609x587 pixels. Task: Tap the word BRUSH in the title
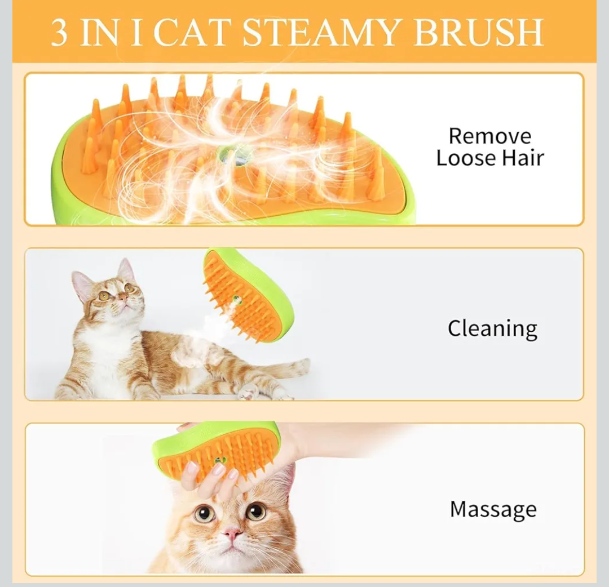pyautogui.click(x=478, y=32)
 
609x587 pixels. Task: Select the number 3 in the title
pyautogui.click(x=60, y=33)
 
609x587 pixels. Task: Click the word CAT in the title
pyautogui.click(x=193, y=32)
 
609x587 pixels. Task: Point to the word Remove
pyautogui.click(x=489, y=136)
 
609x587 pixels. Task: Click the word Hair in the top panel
pyautogui.click(x=522, y=158)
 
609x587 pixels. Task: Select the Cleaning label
pyautogui.click(x=492, y=328)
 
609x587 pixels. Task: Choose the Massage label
pyautogui.click(x=493, y=509)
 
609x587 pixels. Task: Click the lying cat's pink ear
pyautogui.click(x=81, y=285)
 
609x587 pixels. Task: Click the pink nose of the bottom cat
pyautogui.click(x=231, y=533)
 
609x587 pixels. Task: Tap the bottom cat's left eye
pyautogui.click(x=204, y=513)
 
